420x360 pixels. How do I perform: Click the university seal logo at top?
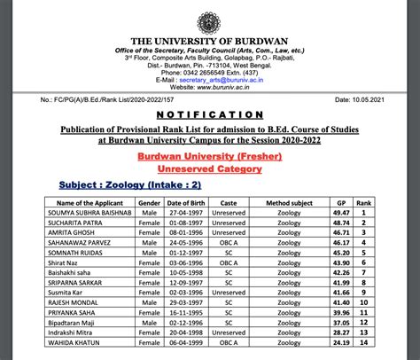pyautogui.click(x=210, y=19)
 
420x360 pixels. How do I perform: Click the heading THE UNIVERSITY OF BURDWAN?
pyautogui.click(x=210, y=43)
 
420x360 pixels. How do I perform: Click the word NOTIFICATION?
pyautogui.click(x=210, y=116)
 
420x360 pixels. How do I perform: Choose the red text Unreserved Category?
pyautogui.click(x=211, y=168)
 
